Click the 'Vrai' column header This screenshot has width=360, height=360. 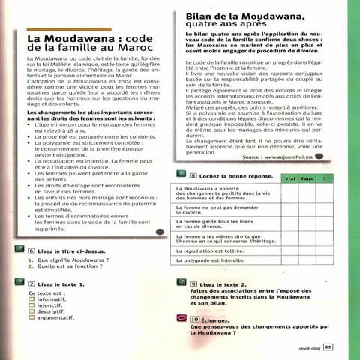[289, 180]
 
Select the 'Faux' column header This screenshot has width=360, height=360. [307, 180]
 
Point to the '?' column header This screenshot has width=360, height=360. [325, 180]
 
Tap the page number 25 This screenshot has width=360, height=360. [328, 346]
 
